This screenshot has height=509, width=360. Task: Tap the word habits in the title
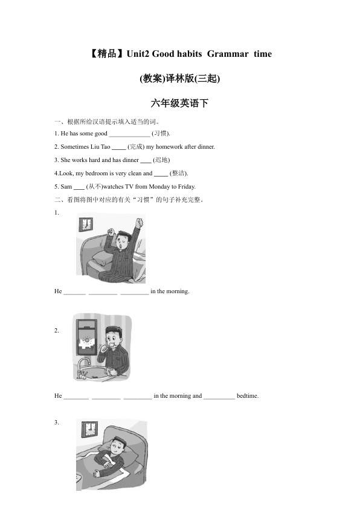190,54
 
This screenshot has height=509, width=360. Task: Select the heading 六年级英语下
179,103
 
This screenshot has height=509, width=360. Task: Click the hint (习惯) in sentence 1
161,134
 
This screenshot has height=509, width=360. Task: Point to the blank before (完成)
119,149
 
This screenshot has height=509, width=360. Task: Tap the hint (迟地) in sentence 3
161,160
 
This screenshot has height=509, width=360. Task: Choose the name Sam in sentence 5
66,187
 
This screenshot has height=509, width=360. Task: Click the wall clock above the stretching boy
86,224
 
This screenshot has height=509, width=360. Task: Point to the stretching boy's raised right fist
139,222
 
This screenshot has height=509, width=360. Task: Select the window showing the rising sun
86,337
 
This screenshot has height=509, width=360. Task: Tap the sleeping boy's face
117,447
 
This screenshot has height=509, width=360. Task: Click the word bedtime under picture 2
248,396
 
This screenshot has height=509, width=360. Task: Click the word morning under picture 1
178,291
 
